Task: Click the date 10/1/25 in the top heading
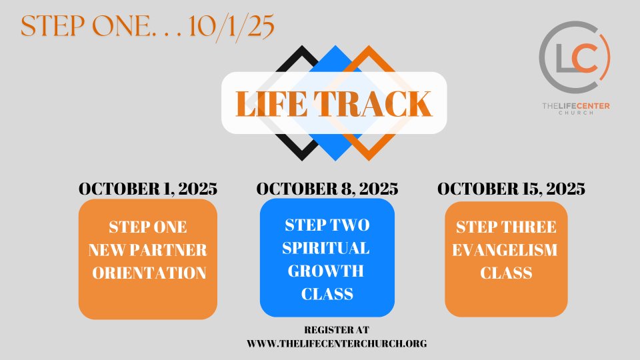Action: point(231,27)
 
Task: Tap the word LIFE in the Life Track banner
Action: point(271,104)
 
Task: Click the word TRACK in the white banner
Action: point(373,104)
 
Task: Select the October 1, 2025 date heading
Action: point(148,189)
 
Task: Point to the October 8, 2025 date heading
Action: point(327,189)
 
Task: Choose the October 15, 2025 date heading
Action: point(511,189)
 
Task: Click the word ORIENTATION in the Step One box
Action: point(149,273)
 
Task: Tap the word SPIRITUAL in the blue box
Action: point(326,248)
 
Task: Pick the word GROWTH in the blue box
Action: point(326,271)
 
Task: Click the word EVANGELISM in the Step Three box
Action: point(505,250)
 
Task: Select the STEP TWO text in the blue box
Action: point(327,225)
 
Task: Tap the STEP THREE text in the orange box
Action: point(506,227)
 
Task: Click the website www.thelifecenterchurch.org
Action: point(337,344)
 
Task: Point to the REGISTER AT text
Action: point(337,330)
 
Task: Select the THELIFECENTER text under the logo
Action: point(576,106)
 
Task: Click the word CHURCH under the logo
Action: point(576,113)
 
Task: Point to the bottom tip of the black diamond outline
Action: point(302,161)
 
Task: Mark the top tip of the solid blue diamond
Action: point(335,46)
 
